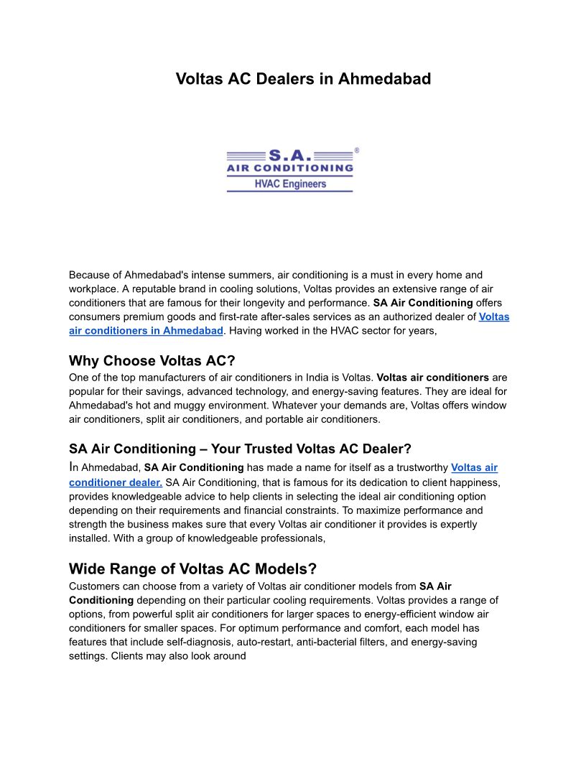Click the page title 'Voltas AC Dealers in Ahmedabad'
(x=303, y=79)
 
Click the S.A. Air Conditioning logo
(x=290, y=170)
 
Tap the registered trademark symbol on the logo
(x=357, y=151)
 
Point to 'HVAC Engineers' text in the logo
(x=290, y=184)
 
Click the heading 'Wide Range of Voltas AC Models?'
(x=192, y=569)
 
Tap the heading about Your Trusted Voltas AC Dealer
(x=240, y=449)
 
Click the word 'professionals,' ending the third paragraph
(x=284, y=538)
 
